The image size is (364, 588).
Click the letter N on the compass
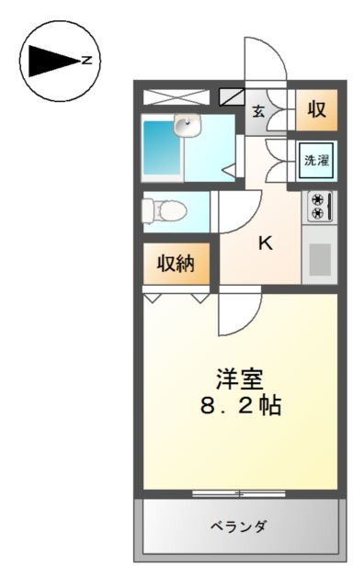(x=87, y=60)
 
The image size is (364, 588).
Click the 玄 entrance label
(x=258, y=111)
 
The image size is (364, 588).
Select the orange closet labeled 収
(x=316, y=110)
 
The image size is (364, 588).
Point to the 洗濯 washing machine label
(x=317, y=161)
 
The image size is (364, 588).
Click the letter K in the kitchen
(x=266, y=243)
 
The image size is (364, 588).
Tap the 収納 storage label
(x=176, y=264)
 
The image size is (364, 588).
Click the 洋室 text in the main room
(x=240, y=379)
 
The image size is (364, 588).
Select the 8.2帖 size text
(x=241, y=405)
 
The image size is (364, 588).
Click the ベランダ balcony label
(x=238, y=526)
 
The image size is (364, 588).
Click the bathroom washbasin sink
(x=187, y=125)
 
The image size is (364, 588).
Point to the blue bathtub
(x=162, y=147)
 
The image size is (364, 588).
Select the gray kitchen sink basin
(x=320, y=259)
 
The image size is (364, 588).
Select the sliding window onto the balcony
(x=239, y=494)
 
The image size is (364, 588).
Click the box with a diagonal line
(x=232, y=96)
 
